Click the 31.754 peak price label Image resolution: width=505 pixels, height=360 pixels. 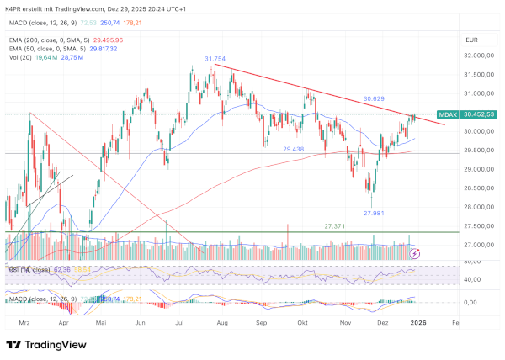coord(215,59)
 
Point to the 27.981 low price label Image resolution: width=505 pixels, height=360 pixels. coord(375,214)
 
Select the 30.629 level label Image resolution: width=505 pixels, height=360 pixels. coord(374,99)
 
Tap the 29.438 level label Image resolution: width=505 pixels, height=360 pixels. coord(294,149)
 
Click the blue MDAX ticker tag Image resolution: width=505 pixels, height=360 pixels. coord(449,114)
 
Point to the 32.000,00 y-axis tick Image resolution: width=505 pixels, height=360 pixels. coord(478,56)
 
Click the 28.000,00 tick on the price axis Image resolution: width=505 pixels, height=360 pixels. coord(478,207)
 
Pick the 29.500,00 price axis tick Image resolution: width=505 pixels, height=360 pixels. coord(478,151)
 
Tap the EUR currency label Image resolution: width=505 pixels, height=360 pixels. coord(471,40)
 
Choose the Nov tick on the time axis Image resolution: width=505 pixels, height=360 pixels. coord(345,322)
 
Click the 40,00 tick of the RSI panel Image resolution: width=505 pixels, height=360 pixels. coord(472,279)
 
